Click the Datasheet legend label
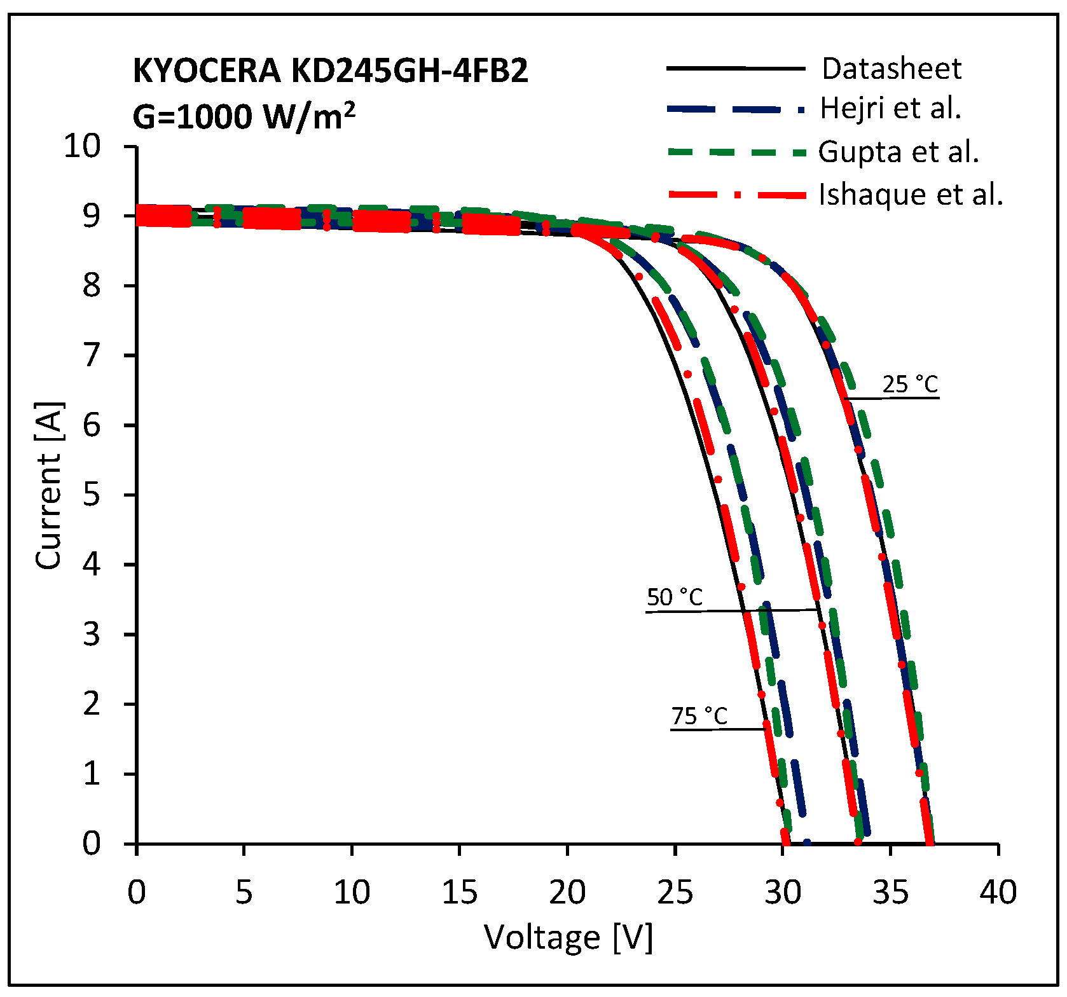coord(891,69)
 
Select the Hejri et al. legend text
coord(890,108)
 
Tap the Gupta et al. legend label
coord(898,152)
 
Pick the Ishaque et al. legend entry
coord(911,195)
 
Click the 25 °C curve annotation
coord(910,385)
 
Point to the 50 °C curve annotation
coord(675,598)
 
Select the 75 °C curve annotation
coord(699,717)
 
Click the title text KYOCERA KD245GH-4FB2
coord(330,70)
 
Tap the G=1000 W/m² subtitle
coord(244,116)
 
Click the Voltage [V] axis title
coord(568,937)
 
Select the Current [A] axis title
coord(49,486)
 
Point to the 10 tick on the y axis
coord(82,146)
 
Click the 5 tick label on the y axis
coord(92,495)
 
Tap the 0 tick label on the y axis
coord(92,843)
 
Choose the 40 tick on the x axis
coord(998,892)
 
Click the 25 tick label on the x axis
coord(675,892)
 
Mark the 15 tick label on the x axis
coord(459,892)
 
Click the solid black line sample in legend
coord(736,69)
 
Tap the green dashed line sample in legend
coord(736,153)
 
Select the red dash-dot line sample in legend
coord(736,195)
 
